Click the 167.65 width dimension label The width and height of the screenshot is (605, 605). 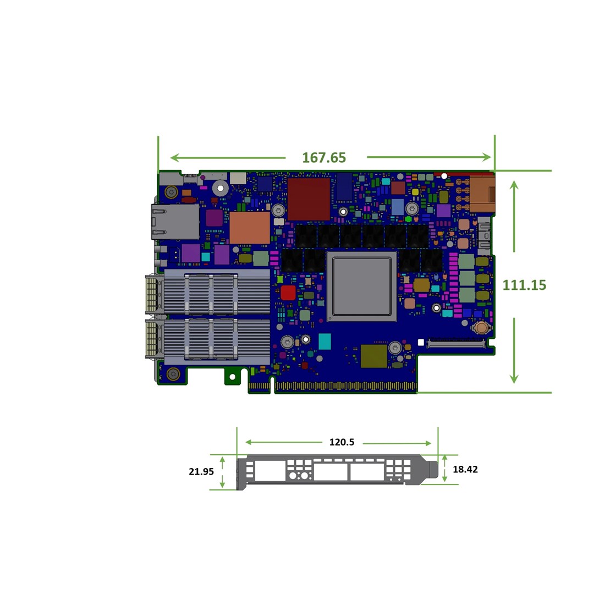(324, 158)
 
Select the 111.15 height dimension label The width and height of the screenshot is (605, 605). (524, 285)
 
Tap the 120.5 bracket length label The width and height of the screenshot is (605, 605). (342, 442)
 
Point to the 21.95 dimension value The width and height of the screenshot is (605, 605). (201, 471)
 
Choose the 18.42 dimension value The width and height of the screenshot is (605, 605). (465, 469)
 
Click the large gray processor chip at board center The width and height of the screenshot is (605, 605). (361, 286)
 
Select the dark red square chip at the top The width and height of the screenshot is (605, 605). (309, 199)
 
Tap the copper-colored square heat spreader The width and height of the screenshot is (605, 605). (250, 228)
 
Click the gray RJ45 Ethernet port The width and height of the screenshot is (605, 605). (175, 222)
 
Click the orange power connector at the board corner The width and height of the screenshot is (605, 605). (482, 194)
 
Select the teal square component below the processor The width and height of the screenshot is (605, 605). (325, 342)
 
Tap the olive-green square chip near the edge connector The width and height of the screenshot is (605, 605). (374, 356)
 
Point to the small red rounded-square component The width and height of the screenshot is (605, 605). (288, 293)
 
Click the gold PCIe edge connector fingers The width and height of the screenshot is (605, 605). (345, 387)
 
